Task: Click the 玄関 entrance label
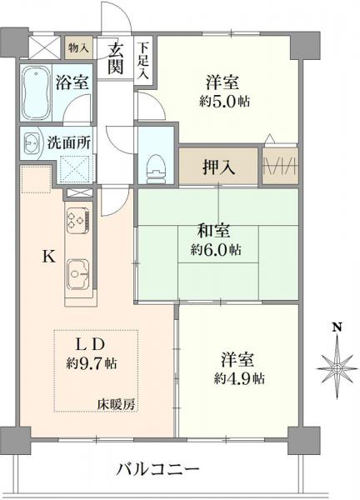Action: pos(116,57)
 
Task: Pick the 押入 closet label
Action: pos(218,166)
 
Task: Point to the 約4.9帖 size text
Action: pos(237,377)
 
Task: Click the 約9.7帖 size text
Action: pos(92,362)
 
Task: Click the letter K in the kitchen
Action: pos(49,257)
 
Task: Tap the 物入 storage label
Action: pos(77,48)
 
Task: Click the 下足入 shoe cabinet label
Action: pos(144,60)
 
